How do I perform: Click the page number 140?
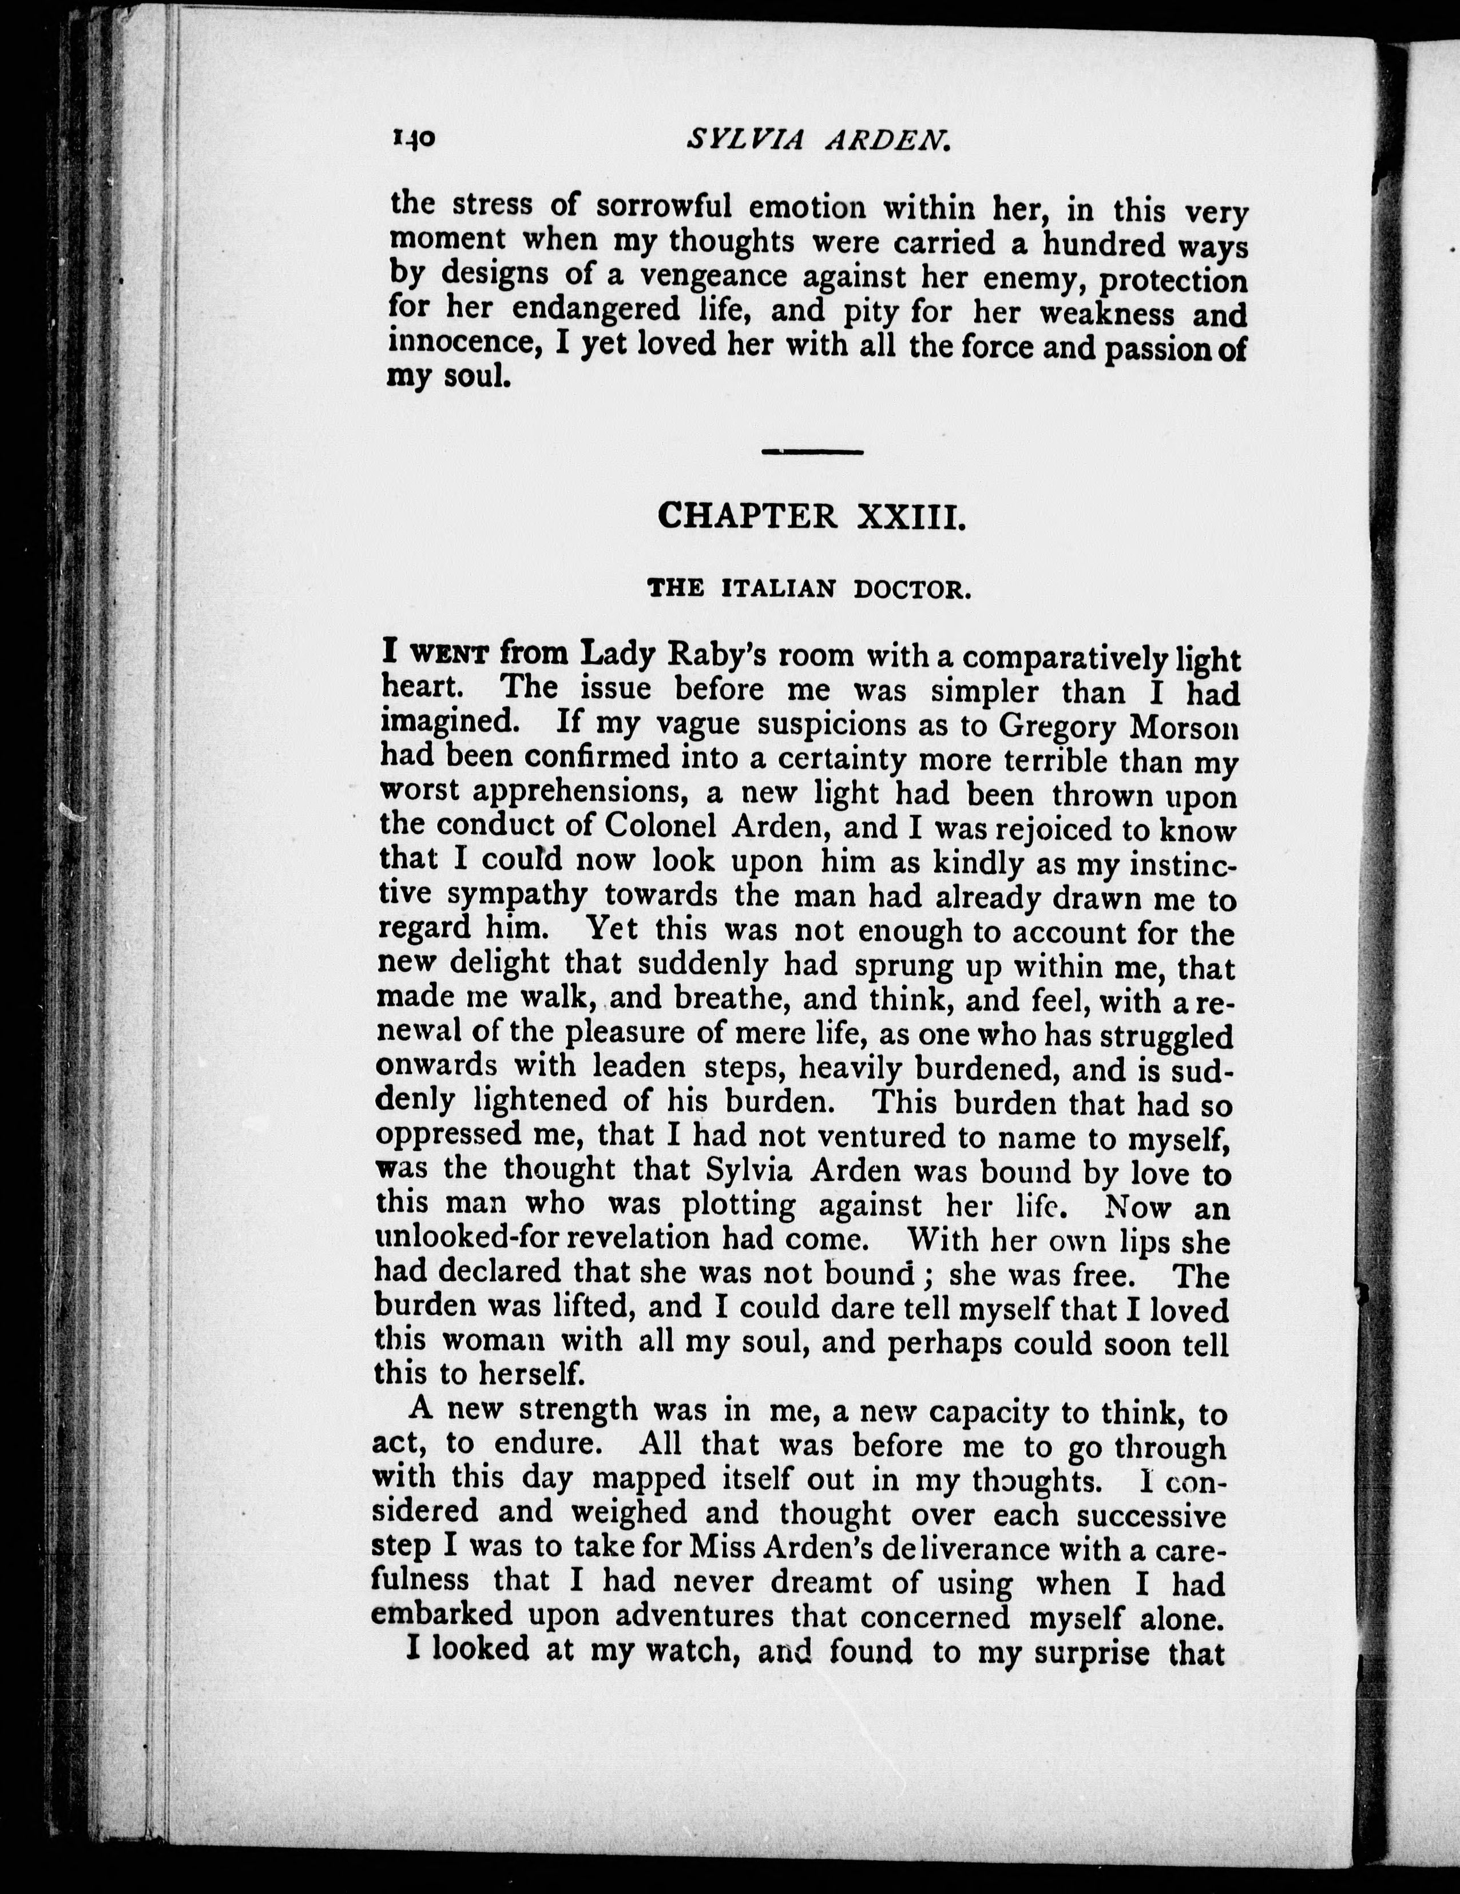pos(414,139)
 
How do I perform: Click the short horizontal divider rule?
pos(812,452)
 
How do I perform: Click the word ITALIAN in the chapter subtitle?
pos(778,591)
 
